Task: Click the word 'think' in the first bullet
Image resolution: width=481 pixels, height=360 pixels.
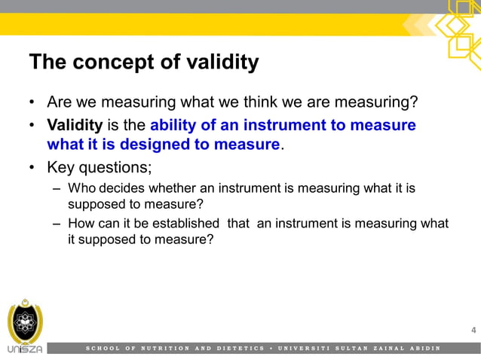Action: click(255, 102)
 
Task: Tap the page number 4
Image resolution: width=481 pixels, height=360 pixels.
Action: click(473, 331)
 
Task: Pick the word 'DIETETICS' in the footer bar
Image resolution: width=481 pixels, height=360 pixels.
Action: click(239, 349)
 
